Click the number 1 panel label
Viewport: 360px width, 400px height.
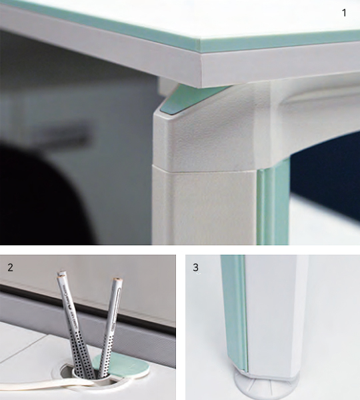tap(344, 13)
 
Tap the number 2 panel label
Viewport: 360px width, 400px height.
tap(10, 267)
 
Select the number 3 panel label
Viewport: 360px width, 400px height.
tap(195, 267)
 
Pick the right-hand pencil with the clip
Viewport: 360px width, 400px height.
tap(110, 327)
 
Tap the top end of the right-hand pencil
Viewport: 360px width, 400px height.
tap(117, 279)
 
